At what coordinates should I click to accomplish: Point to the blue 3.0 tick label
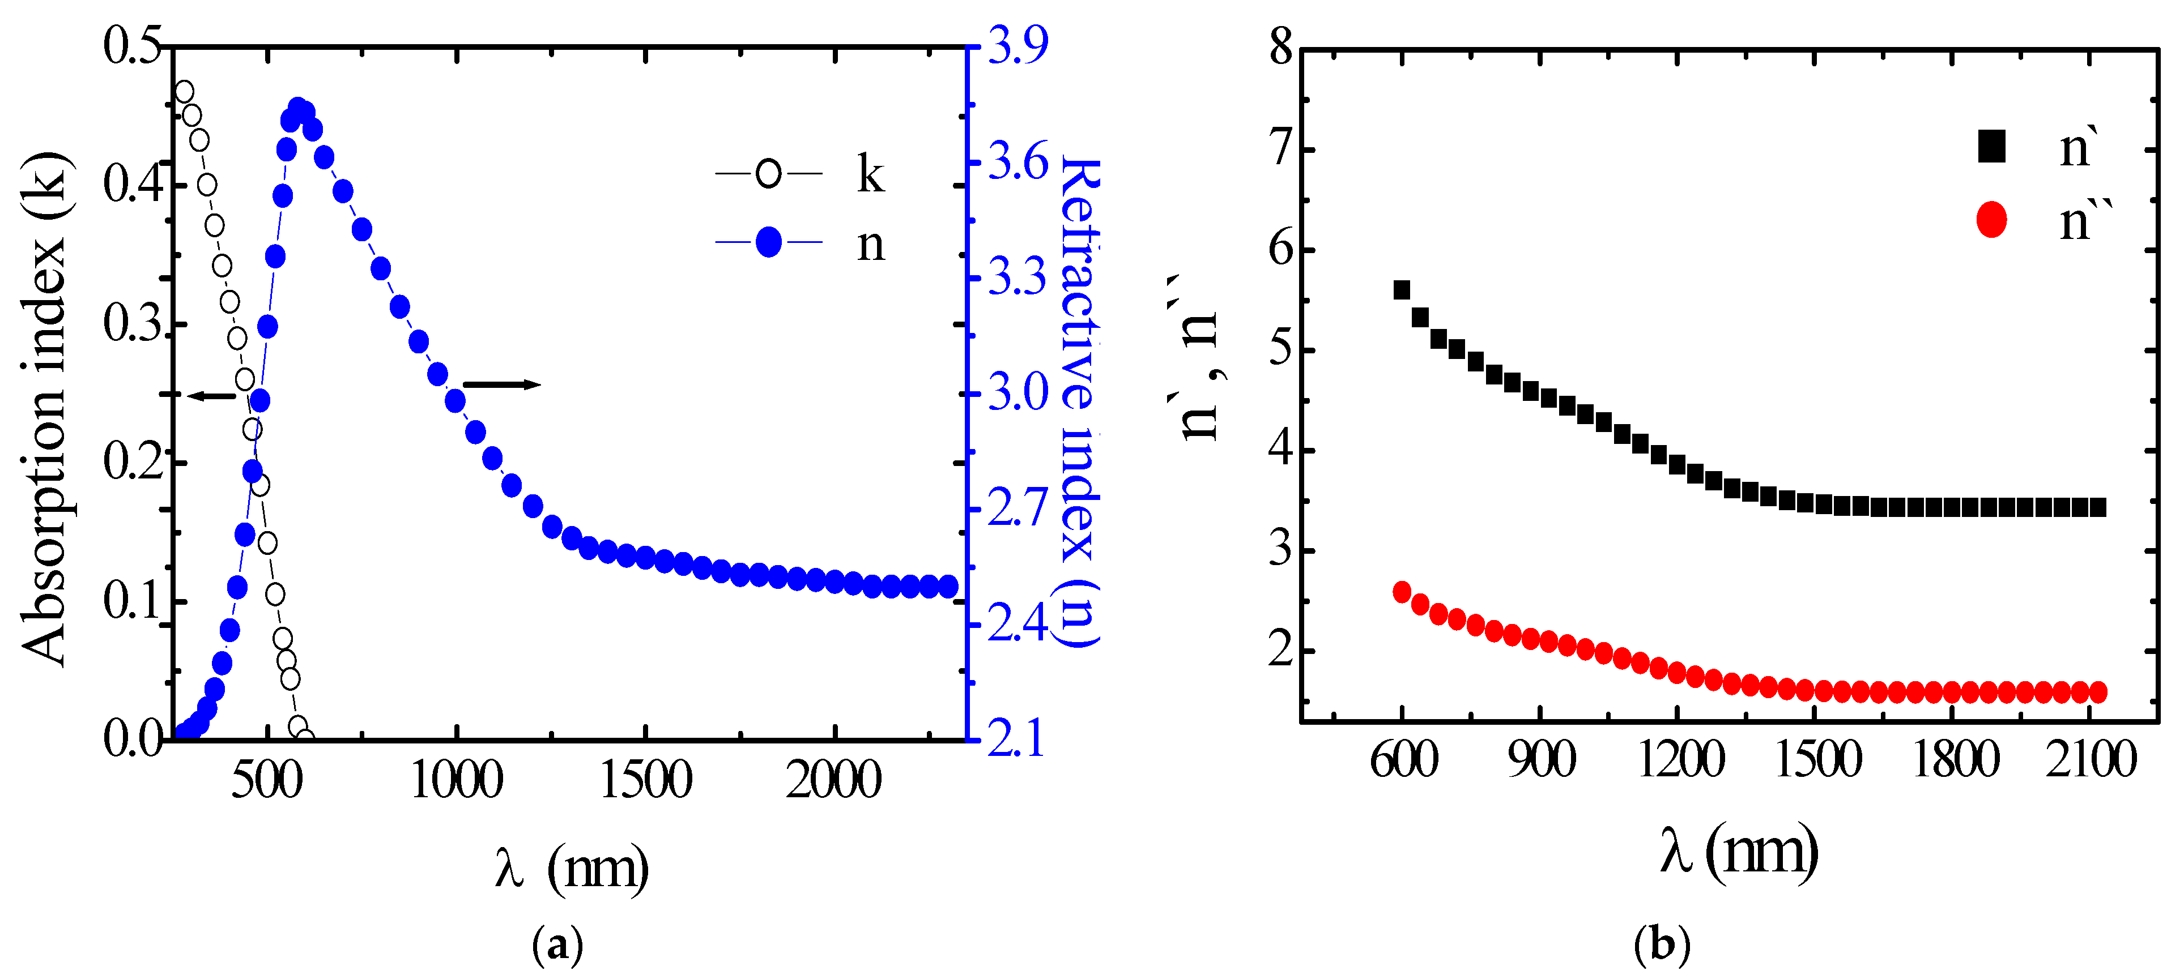click(x=1018, y=392)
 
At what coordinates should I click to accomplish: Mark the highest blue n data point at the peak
click(x=297, y=109)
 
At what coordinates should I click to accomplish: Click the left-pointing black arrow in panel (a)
click(x=210, y=396)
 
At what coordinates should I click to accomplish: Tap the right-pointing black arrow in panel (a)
click(x=502, y=385)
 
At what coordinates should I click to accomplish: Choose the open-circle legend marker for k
click(x=768, y=174)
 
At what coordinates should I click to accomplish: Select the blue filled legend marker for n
click(x=768, y=242)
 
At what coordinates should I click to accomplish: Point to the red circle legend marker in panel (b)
click(x=1991, y=220)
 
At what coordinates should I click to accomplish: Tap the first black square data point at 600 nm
click(x=1402, y=290)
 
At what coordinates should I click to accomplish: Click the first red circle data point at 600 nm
click(x=1402, y=592)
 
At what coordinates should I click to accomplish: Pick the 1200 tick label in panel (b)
click(x=1680, y=759)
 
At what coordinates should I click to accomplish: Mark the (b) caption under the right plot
click(x=1662, y=943)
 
